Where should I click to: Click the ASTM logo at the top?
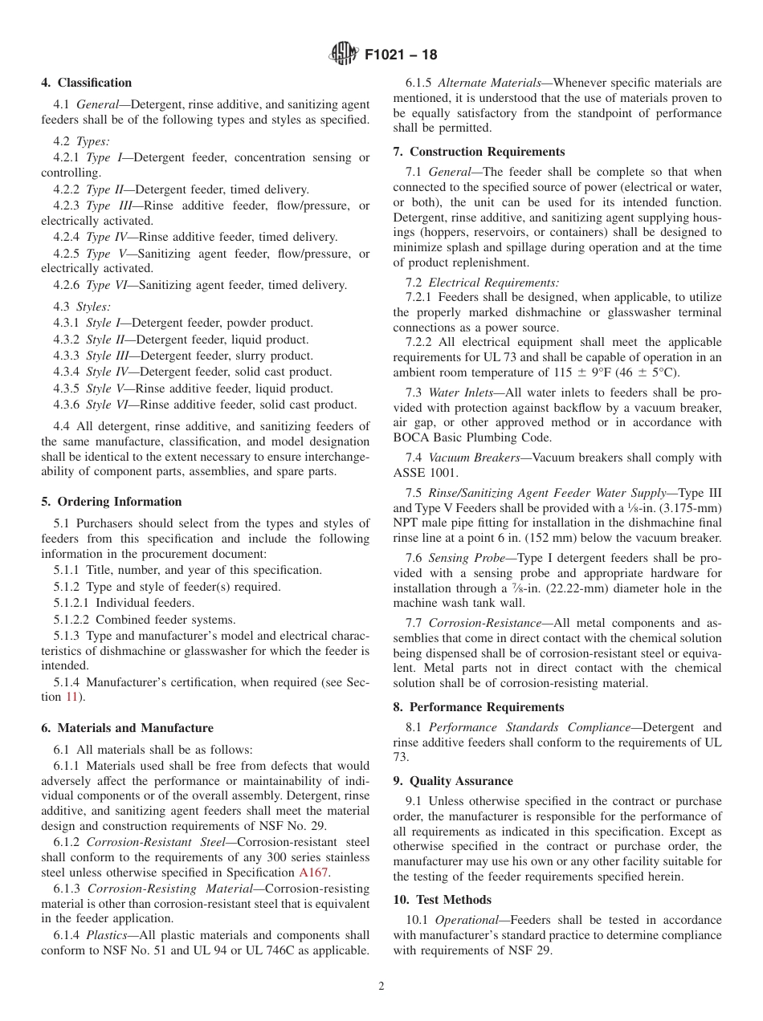(x=344, y=55)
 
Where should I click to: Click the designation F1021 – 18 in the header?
(x=400, y=55)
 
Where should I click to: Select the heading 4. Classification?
(x=87, y=83)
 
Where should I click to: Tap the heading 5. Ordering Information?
(x=112, y=502)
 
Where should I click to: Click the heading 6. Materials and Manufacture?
(x=127, y=728)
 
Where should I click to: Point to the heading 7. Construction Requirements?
(x=479, y=152)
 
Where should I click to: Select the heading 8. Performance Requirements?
(x=479, y=707)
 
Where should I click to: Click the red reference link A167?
(x=314, y=873)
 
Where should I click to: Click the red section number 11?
(x=71, y=697)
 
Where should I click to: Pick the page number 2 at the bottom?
(x=381, y=987)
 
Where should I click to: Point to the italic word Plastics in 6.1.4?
(x=106, y=935)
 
